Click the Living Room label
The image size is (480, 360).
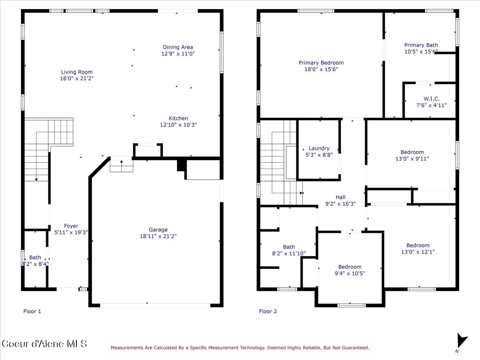coord(77,72)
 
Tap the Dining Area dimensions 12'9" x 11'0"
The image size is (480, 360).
coord(178,54)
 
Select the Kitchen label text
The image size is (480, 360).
coord(178,118)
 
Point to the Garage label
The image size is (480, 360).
coord(158,230)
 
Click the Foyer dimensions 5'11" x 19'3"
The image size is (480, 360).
coord(71,232)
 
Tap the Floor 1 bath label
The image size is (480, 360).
coord(35,257)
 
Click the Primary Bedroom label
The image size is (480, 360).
coord(321,62)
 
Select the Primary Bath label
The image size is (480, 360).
coord(421,45)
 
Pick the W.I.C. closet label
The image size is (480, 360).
coord(431,98)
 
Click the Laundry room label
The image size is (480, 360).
coord(319,148)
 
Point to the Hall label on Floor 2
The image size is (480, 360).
coord(340,197)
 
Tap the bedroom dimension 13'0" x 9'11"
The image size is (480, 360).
coord(412,158)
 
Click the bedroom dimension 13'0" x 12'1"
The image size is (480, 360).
coord(418,252)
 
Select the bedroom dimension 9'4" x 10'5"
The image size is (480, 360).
coord(350,274)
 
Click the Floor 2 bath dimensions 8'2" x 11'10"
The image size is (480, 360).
coord(288,254)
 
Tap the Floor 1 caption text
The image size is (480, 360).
coord(32,311)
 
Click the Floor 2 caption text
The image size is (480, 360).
coord(268,311)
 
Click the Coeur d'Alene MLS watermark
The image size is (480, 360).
coord(44,344)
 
